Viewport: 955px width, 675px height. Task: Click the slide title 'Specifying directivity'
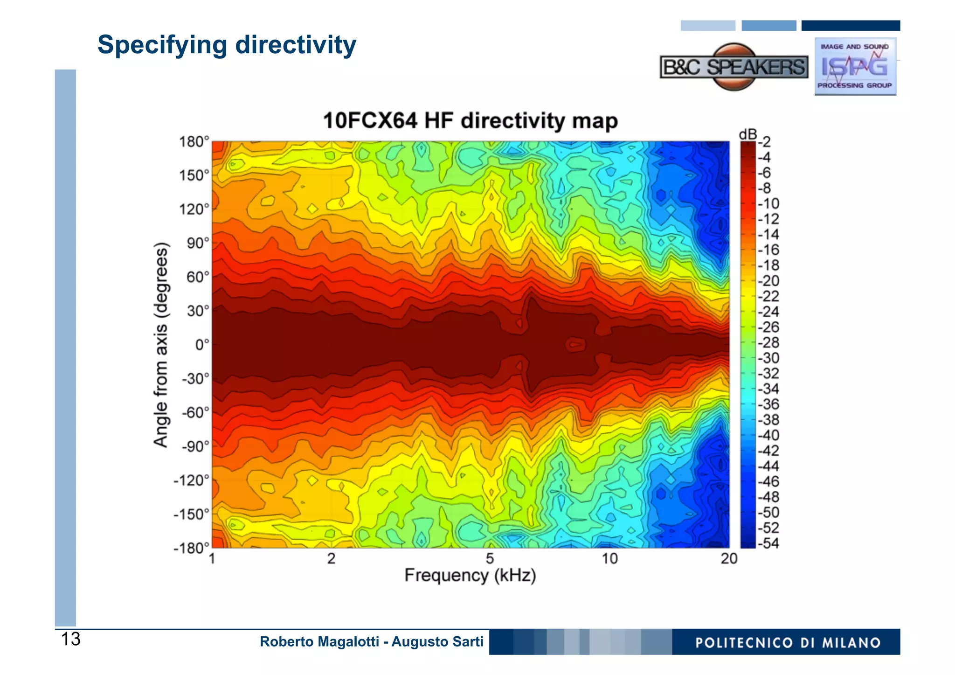[x=227, y=46]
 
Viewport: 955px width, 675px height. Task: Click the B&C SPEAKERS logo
[x=734, y=67]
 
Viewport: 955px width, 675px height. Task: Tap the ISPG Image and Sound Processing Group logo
[x=855, y=67]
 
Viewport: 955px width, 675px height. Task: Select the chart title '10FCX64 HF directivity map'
[x=470, y=121]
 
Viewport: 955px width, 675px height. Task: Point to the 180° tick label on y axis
[x=194, y=142]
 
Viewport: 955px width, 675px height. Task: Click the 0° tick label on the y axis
[x=202, y=345]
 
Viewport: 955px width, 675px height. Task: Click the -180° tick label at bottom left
[x=191, y=548]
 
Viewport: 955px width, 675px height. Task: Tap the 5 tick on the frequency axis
[x=490, y=559]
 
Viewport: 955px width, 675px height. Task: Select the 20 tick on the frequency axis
[x=729, y=559]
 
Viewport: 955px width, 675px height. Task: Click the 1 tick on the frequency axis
[x=212, y=559]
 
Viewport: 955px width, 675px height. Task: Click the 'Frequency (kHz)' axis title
[x=470, y=576]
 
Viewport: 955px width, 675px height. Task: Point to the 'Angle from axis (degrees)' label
[x=160, y=345]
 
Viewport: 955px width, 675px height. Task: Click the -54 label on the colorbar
[x=768, y=543]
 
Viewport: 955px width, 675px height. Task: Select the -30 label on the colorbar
[x=768, y=358]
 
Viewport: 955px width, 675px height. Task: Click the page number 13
[x=71, y=640]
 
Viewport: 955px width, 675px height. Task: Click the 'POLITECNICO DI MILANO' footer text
[x=788, y=643]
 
